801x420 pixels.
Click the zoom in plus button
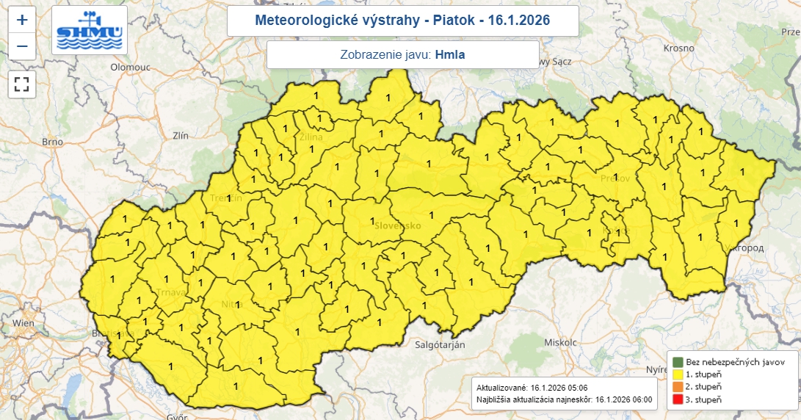click(22, 20)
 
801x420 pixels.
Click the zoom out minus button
click(22, 47)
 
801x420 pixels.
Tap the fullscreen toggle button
click(22, 84)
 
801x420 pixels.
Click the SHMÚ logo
click(90, 31)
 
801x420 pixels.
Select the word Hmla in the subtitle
click(450, 54)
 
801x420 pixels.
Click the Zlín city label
click(180, 135)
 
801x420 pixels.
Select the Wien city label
click(23, 322)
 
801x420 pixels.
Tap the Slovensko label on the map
click(397, 225)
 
